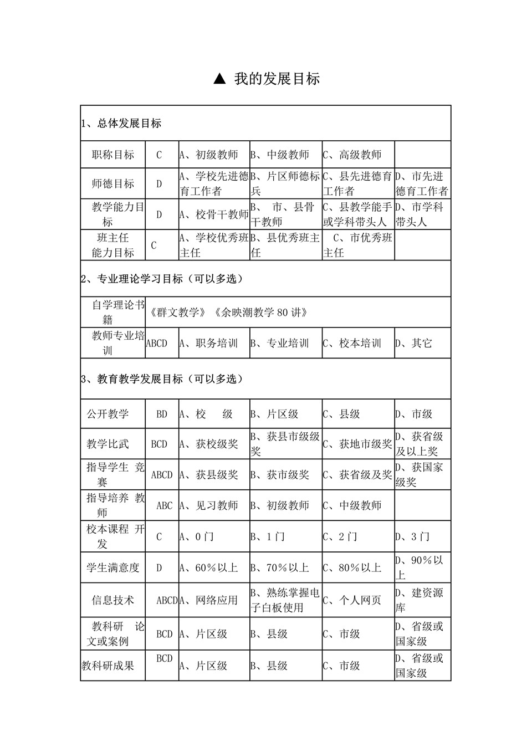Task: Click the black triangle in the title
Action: pos(219,79)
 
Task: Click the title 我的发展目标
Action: pos(277,79)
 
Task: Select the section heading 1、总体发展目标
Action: pos(121,124)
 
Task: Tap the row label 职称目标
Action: pos(113,155)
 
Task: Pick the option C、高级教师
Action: pos(352,155)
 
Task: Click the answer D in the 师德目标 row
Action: pos(159,184)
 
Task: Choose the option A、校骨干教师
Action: pos(214,214)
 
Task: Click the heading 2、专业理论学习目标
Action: pos(162,279)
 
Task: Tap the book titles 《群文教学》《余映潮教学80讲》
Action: pos(228,313)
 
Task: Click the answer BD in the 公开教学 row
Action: pos(161,414)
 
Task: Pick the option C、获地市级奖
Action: pos(357,444)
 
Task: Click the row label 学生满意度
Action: pos(113,567)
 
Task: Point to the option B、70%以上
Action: pos(279,567)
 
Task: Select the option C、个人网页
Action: pos(352,600)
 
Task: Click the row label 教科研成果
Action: pos(108,666)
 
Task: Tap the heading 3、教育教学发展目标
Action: pos(162,379)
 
